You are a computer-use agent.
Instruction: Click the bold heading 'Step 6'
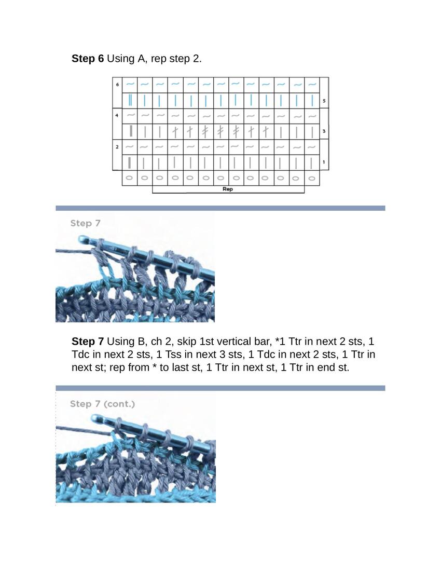(87, 59)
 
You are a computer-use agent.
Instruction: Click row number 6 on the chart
(117, 85)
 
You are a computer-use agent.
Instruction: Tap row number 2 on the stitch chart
(117, 147)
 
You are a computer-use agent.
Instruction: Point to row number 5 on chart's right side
(324, 101)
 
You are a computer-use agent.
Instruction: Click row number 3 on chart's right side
(324, 131)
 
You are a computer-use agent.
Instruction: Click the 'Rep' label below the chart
(227, 189)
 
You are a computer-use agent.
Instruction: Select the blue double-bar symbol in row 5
(130, 100)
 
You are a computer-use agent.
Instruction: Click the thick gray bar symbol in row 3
(131, 131)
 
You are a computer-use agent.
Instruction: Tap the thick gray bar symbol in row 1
(129, 162)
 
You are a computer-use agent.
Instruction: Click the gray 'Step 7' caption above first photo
(85, 223)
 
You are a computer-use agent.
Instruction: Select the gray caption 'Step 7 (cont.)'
(102, 403)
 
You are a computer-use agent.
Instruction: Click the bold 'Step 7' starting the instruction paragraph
(87, 342)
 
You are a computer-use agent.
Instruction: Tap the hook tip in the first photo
(82, 240)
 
